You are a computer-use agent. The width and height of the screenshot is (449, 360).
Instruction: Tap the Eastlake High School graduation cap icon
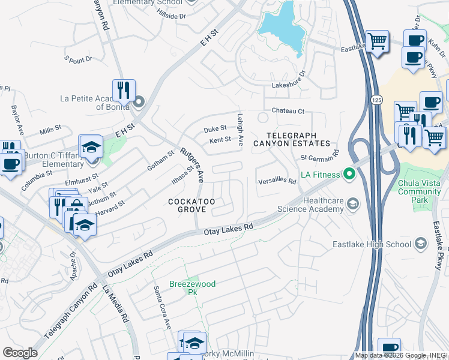(x=420, y=244)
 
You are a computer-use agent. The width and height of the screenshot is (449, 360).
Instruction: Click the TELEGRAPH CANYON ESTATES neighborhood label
(x=292, y=139)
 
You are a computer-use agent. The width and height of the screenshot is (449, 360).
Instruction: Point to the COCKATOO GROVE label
(x=187, y=205)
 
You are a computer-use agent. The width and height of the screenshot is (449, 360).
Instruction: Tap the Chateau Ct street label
(x=288, y=111)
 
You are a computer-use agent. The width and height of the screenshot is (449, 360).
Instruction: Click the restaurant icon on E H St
(x=124, y=91)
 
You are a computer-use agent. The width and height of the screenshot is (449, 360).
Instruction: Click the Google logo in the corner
(x=20, y=353)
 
